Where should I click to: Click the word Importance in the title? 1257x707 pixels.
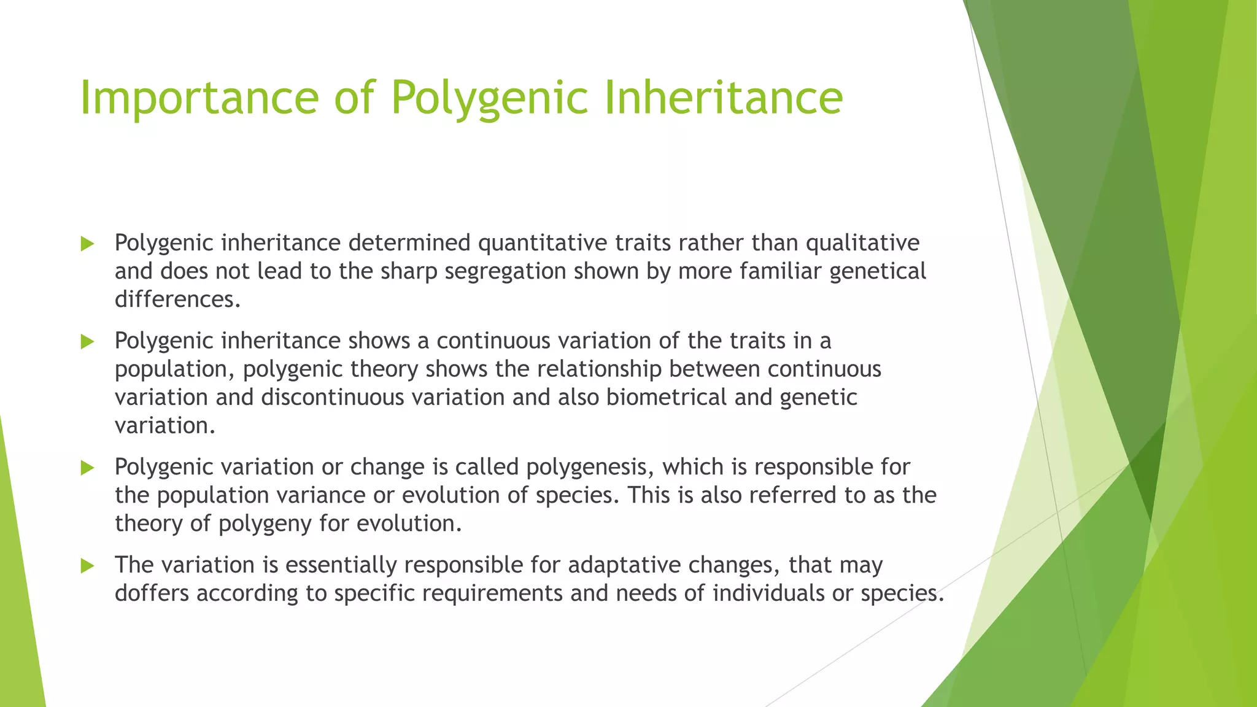pos(199,98)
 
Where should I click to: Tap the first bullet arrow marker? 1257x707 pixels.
pos(87,244)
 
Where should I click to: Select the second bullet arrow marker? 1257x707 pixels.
pos(87,342)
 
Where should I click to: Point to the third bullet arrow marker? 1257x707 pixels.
pos(87,468)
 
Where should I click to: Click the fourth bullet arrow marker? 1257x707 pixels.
pos(87,566)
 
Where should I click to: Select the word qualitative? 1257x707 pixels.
pos(862,243)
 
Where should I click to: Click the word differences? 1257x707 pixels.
pos(177,299)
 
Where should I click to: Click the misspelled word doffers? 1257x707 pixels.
pos(152,593)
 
